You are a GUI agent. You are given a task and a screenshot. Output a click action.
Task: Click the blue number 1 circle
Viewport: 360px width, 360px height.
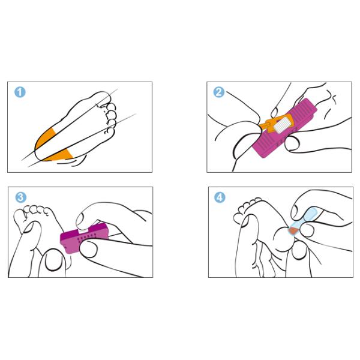20,92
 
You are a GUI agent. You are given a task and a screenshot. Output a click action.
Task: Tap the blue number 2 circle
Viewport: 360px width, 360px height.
219,92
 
